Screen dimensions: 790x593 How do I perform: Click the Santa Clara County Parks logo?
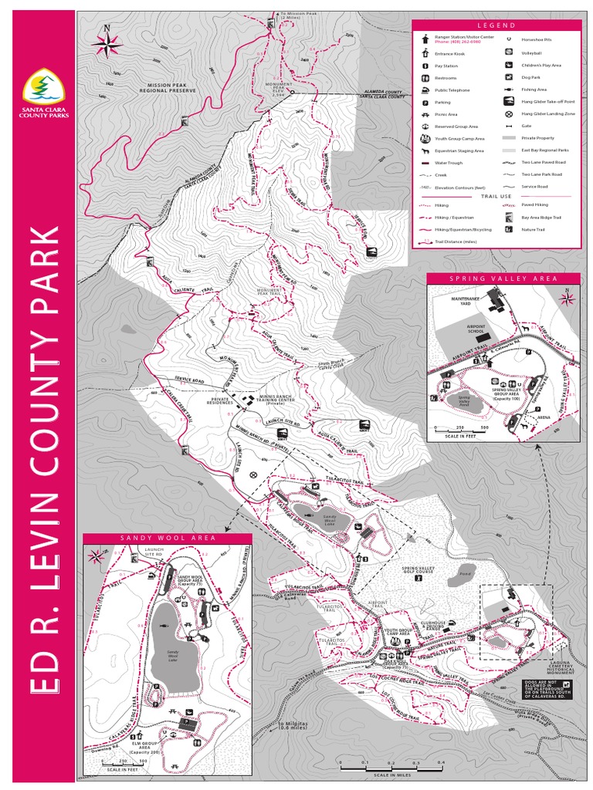point(43,91)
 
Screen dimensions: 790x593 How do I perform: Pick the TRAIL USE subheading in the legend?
point(496,196)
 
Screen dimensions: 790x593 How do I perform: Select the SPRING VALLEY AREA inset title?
point(503,278)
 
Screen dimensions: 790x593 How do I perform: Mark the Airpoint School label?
point(477,329)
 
